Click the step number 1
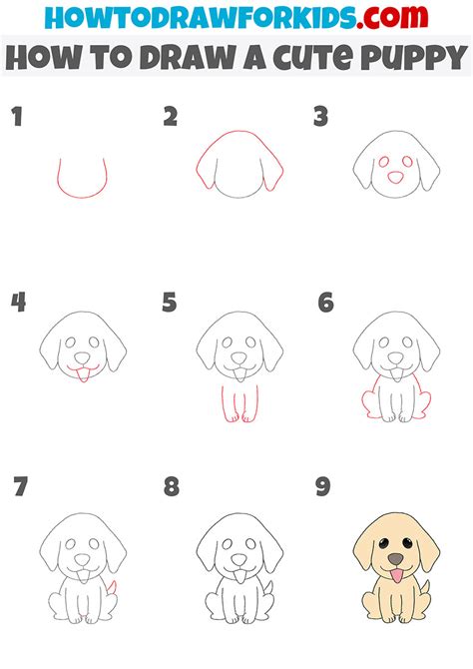(16, 118)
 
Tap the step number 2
(171, 118)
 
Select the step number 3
(321, 118)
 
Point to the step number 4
(17, 303)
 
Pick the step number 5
(171, 303)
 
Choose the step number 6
(324, 303)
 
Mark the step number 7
(19, 488)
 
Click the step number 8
(172, 488)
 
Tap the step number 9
(324, 488)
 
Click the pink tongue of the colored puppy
(396, 576)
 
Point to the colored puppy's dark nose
(396, 559)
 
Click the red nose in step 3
(395, 177)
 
